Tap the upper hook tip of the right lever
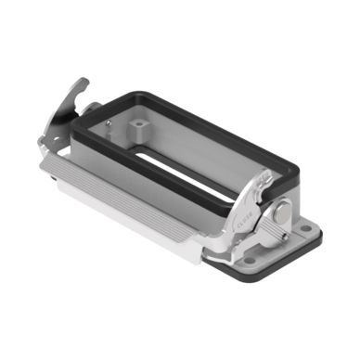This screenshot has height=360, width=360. [267, 172]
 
